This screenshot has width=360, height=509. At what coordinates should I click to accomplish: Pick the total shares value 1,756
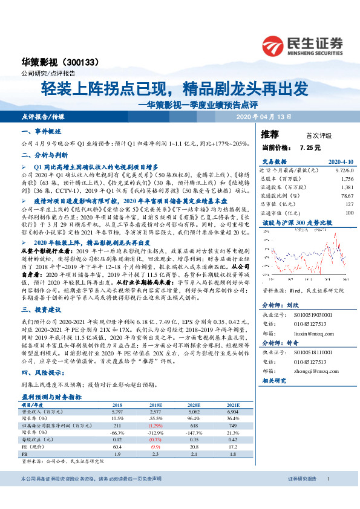[x=346, y=180]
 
